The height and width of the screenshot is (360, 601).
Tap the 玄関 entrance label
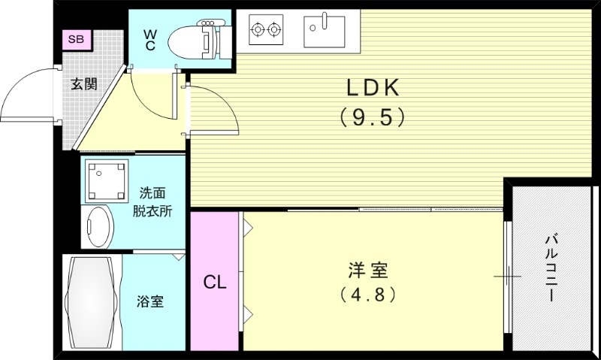coord(83,83)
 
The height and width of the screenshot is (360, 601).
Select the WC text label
coord(149,40)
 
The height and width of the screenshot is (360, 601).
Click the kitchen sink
coord(324,30)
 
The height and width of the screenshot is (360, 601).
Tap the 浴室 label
coord(150,302)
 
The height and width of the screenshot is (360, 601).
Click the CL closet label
coord(215,283)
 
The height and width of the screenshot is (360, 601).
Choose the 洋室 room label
coord(367,268)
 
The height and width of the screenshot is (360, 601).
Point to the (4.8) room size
coord(367,294)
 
